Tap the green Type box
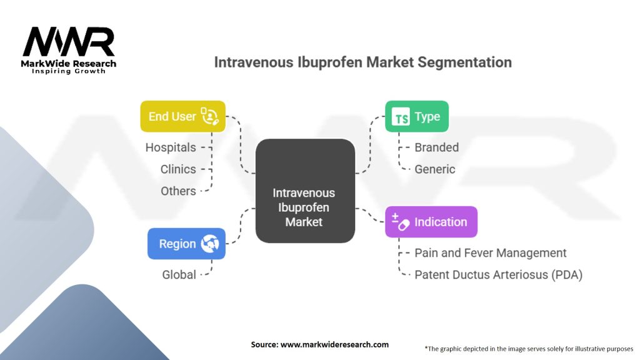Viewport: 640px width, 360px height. (x=416, y=116)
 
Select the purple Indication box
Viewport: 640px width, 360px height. (x=431, y=222)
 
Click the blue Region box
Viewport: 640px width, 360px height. (x=186, y=244)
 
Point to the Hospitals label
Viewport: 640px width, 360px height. (x=171, y=147)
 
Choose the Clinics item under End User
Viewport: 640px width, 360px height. (x=178, y=169)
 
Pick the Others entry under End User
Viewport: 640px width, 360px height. (x=178, y=191)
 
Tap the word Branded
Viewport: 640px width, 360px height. (x=437, y=147)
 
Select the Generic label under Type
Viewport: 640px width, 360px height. (x=435, y=169)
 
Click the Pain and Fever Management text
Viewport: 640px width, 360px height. (x=491, y=253)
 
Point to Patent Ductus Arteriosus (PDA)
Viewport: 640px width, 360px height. (x=498, y=275)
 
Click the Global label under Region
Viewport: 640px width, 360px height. (x=179, y=275)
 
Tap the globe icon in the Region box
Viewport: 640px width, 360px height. (x=209, y=244)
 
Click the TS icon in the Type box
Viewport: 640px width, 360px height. (x=401, y=117)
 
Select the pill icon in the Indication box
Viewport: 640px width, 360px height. (x=401, y=222)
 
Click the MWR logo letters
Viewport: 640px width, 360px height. (x=69, y=43)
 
